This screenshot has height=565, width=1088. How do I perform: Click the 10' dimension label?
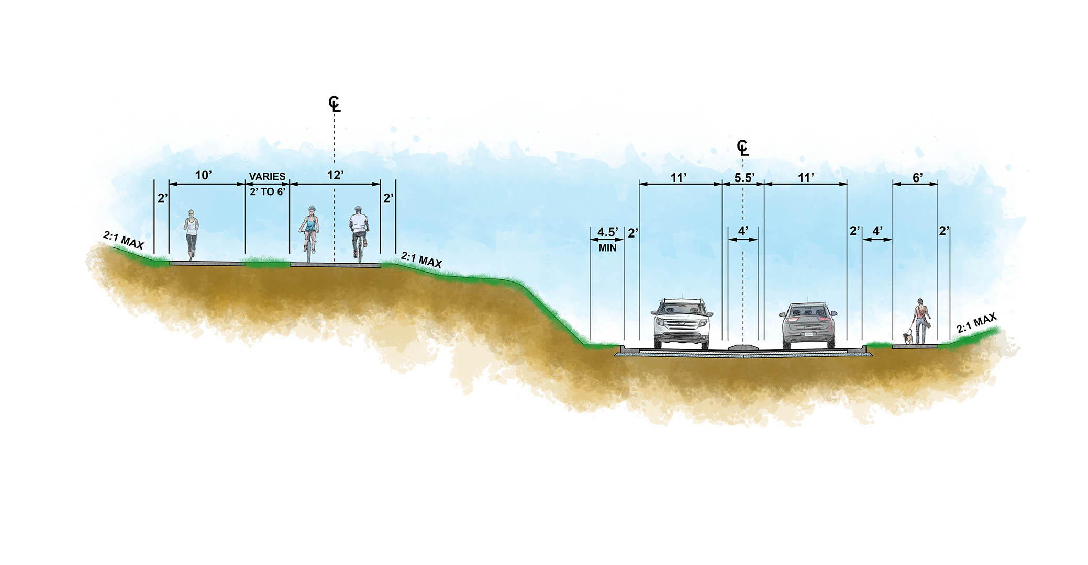[x=203, y=175]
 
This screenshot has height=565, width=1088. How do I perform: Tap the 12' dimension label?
[x=335, y=175]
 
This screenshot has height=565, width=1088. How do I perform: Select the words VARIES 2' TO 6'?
[x=267, y=184]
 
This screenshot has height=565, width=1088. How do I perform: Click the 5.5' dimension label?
[x=744, y=177]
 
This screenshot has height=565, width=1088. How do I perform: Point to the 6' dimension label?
[x=917, y=178]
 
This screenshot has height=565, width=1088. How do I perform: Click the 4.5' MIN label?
[x=607, y=239]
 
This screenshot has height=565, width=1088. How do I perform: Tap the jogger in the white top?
[x=191, y=235]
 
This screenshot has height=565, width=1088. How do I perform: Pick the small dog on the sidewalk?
[x=908, y=338]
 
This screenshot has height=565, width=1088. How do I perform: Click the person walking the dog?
[x=921, y=321]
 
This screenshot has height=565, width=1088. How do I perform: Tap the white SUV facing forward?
[x=681, y=323]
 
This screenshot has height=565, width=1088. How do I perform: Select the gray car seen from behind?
[x=808, y=325]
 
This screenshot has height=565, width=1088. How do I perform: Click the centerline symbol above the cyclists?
[x=334, y=104]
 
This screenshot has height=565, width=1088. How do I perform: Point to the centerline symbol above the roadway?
[x=742, y=148]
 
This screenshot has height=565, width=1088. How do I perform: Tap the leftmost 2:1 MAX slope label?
[x=123, y=241]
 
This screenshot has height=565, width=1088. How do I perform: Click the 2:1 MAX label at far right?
[x=977, y=323]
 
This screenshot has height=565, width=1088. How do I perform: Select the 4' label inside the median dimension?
[x=743, y=230]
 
